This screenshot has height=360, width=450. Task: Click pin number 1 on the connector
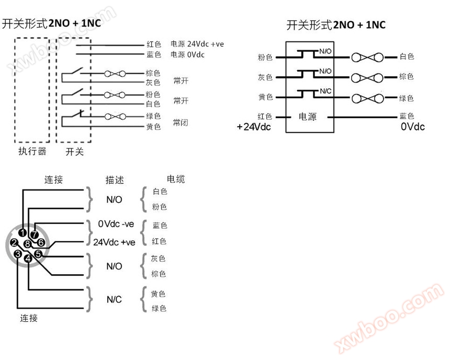(x=22, y=232)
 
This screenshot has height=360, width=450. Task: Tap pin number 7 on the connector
(x=34, y=234)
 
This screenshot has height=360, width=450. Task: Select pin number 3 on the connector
(x=18, y=254)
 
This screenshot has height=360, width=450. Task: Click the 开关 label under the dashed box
(x=74, y=152)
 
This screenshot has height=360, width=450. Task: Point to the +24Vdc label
(x=254, y=127)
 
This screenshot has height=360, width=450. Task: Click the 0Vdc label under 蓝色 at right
(x=412, y=127)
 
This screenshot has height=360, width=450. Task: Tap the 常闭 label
(x=181, y=123)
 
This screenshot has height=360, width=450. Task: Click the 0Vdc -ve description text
(x=116, y=224)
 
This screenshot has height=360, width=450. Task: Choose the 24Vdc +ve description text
(x=114, y=242)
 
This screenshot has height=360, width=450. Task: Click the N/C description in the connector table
(x=114, y=299)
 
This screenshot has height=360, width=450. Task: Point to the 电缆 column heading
(x=175, y=179)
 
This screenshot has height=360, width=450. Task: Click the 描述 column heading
(x=115, y=180)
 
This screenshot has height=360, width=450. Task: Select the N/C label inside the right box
(x=325, y=92)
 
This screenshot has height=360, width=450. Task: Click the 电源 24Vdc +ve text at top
(x=197, y=44)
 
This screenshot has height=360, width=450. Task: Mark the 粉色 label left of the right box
(x=265, y=57)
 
